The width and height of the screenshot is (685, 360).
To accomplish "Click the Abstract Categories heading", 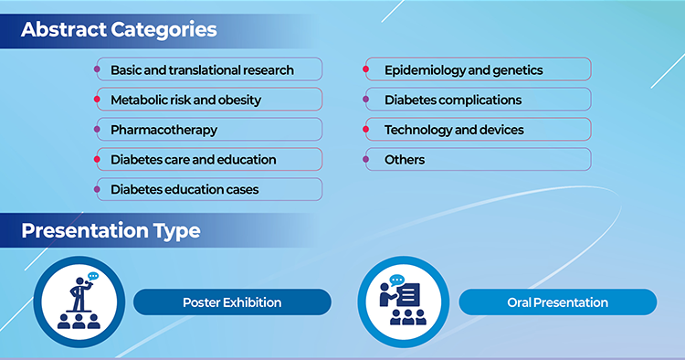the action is [x=119, y=30].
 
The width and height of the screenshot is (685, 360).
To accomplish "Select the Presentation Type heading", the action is [x=111, y=230].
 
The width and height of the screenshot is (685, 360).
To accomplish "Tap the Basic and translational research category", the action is [x=209, y=69].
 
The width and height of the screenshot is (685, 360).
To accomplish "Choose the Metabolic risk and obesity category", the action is [x=209, y=100].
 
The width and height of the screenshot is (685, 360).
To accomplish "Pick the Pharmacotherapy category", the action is [x=209, y=130].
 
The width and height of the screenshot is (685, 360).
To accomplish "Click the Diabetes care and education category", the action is [x=209, y=159].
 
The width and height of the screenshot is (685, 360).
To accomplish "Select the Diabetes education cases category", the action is [x=209, y=189].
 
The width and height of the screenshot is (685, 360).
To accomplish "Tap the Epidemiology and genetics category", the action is [x=479, y=69].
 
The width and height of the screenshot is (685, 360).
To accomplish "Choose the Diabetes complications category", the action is [x=479, y=100].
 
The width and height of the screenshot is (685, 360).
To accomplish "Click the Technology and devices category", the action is [x=479, y=130].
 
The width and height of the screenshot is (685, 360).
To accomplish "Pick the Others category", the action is [x=479, y=159].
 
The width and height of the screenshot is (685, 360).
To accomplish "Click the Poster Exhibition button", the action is [x=232, y=302].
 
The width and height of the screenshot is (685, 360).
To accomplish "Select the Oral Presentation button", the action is [x=558, y=302].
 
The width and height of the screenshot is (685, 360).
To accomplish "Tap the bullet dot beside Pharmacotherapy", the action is [x=97, y=130].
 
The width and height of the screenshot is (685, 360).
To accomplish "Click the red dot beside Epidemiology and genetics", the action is [x=365, y=69].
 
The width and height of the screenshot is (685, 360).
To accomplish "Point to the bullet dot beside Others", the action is [x=365, y=160].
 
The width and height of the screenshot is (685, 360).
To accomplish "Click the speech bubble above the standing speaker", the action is [x=93, y=276].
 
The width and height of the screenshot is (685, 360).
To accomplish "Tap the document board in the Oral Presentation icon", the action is [x=409, y=295].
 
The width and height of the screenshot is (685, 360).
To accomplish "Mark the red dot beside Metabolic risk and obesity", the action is [x=97, y=100].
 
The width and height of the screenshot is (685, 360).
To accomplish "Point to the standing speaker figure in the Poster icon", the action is [x=80, y=295].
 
